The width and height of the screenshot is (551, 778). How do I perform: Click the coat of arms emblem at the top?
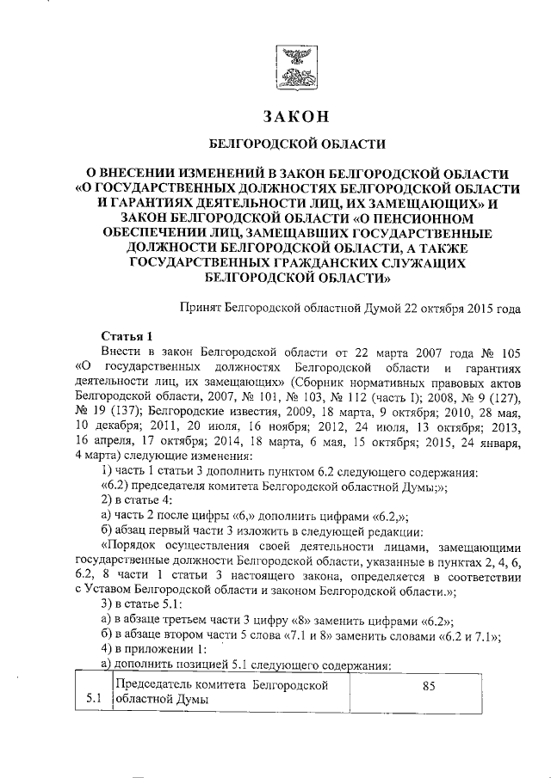(x=295, y=66)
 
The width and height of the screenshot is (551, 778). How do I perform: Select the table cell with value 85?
(x=428, y=688)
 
